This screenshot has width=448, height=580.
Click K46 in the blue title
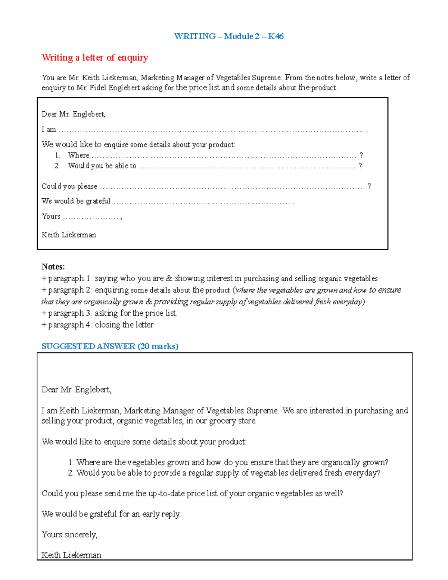tap(276, 36)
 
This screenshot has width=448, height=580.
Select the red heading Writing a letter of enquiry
tap(95, 58)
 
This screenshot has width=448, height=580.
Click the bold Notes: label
tap(53, 267)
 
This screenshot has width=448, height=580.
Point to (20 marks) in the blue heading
tap(158, 346)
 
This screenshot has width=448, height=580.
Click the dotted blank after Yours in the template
tap(91, 217)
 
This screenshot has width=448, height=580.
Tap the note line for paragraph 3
tap(109, 313)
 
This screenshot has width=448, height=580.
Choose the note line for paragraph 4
tap(97, 325)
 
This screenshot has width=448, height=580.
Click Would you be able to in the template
tap(102, 166)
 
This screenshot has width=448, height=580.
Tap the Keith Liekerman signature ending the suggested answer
tap(71, 555)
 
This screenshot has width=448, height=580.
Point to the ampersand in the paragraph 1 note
tap(169, 279)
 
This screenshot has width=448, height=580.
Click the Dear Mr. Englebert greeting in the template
tap(74, 114)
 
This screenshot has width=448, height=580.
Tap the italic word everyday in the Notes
tap(347, 302)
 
